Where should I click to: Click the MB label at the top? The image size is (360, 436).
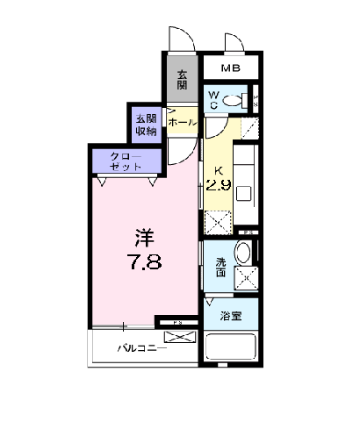(x=231, y=68)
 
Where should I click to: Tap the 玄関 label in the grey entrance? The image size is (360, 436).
(x=182, y=79)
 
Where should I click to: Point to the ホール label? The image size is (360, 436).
(x=182, y=123)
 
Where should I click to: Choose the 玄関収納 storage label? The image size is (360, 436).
(x=145, y=125)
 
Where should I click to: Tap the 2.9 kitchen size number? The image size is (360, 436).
(x=218, y=184)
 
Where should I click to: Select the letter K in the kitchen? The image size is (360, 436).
(x=218, y=169)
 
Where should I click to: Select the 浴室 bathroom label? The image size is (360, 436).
(x=231, y=315)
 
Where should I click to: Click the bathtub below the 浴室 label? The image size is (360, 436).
(x=231, y=347)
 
